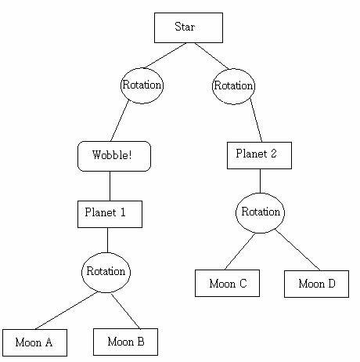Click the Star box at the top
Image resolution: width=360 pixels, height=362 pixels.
[x=189, y=27]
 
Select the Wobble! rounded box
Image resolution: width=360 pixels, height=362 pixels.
[x=114, y=156]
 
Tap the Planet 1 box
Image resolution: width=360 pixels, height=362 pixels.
[x=110, y=214]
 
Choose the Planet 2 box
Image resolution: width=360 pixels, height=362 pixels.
[x=259, y=155]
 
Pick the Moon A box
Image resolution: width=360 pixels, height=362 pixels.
[x=34, y=342]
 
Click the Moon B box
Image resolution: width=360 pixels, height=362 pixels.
[x=125, y=342]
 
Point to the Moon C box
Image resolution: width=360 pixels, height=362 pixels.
[x=227, y=283]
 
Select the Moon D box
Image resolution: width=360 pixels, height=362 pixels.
[x=316, y=284]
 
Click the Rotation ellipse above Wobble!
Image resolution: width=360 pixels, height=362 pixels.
[x=142, y=85]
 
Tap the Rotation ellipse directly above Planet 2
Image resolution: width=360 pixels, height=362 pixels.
[x=233, y=86]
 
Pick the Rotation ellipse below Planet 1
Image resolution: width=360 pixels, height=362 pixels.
[x=106, y=273]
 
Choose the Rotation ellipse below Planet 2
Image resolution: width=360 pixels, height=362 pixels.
[x=260, y=213]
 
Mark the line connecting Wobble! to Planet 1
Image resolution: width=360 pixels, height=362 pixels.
[x=110, y=186]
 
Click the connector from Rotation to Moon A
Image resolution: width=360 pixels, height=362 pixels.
[x=67, y=310]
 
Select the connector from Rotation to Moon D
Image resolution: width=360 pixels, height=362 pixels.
[x=298, y=250]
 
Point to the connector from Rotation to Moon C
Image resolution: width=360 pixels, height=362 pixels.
[x=240, y=252]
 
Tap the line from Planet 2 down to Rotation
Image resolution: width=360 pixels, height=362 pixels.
[x=260, y=181]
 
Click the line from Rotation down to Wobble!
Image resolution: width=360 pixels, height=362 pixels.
[x=120, y=121]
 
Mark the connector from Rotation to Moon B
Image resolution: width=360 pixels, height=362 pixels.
[x=126, y=311]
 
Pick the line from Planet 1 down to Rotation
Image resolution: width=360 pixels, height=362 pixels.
[x=107, y=240]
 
